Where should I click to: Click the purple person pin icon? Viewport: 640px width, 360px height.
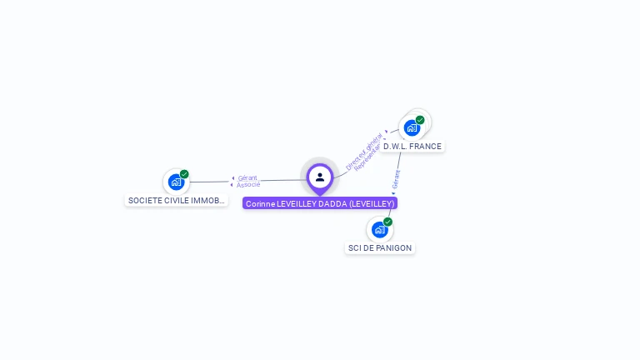tap(320, 177)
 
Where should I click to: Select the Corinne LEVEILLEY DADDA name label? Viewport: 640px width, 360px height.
tap(320, 203)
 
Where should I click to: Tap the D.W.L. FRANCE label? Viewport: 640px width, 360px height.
tap(412, 147)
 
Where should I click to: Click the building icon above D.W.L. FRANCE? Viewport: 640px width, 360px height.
tap(411, 128)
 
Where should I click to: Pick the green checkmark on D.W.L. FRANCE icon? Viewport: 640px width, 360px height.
tap(420, 120)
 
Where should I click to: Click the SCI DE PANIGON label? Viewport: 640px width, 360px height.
tap(380, 248)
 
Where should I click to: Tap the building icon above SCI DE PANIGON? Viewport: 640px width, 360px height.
tap(379, 229)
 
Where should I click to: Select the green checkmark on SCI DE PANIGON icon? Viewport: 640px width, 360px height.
tap(387, 222)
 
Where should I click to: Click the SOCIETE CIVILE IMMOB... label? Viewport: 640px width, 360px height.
tap(176, 201)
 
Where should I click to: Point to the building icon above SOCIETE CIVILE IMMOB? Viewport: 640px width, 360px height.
tap(176, 182)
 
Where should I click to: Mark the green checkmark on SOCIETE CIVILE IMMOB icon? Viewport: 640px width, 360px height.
tap(184, 174)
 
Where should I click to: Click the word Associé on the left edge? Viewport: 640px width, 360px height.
tap(248, 184)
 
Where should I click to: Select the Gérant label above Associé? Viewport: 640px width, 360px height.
tap(247, 177)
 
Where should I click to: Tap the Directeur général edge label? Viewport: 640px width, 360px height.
tap(364, 151)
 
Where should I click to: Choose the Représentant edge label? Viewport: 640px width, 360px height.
tap(367, 157)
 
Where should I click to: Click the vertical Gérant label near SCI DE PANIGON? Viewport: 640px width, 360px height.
tap(397, 179)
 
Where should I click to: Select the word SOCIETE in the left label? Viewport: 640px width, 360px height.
tap(143, 201)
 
